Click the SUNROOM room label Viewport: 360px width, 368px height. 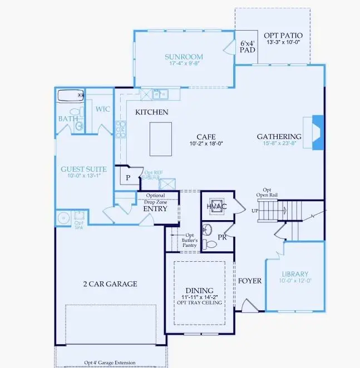[x=184, y=57]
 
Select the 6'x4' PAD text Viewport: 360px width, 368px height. [x=247, y=46]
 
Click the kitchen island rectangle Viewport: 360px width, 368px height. [x=161, y=139]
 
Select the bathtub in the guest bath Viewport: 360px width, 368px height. [x=70, y=95]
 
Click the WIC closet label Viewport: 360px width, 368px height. [x=103, y=109]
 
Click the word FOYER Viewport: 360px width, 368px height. [x=250, y=281]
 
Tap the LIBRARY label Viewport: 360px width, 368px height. [x=295, y=275]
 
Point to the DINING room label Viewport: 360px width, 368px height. [x=199, y=291]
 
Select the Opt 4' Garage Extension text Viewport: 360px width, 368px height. [x=110, y=363]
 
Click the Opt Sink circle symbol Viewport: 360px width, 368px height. [x=63, y=217]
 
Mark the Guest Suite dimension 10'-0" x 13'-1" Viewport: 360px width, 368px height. [x=85, y=176]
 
